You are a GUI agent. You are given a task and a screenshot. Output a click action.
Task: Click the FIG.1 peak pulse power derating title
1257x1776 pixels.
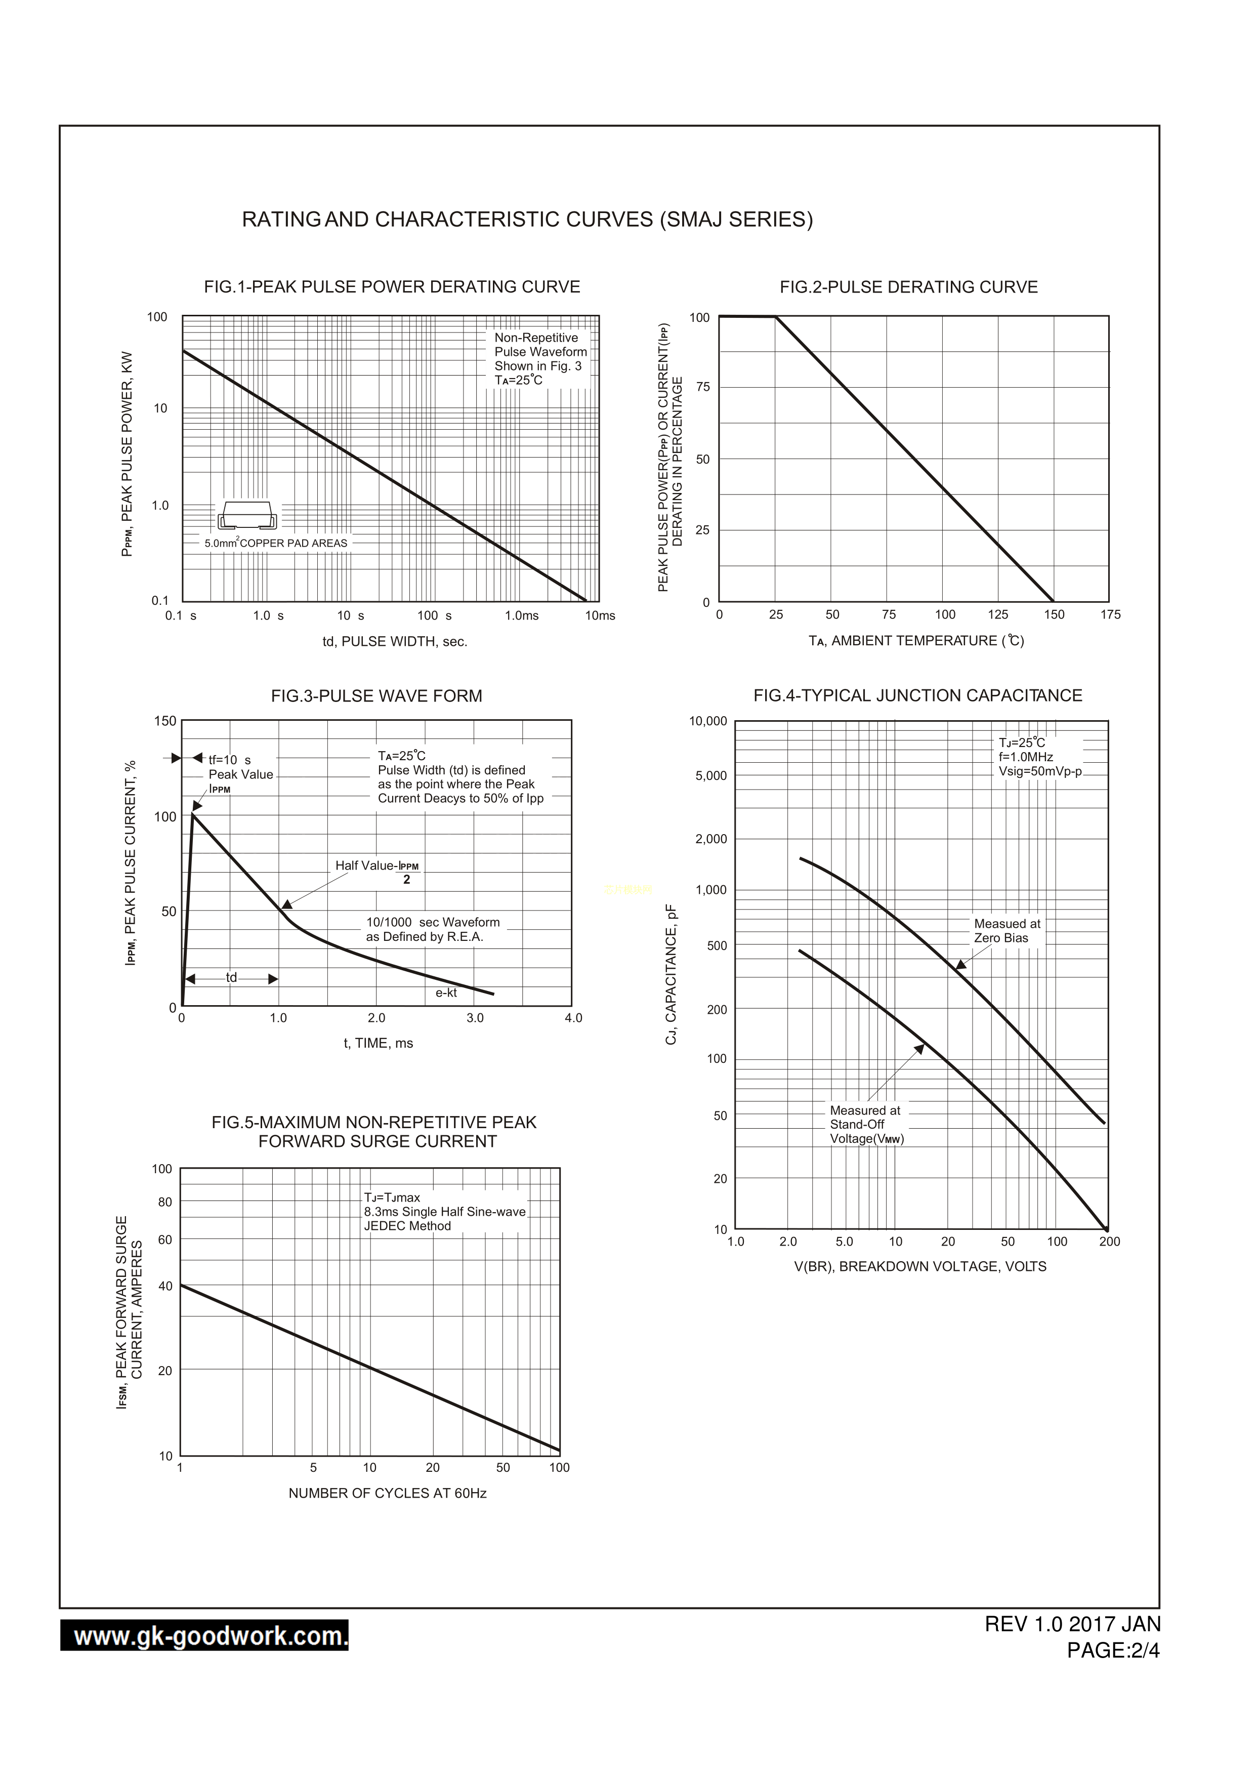(x=392, y=287)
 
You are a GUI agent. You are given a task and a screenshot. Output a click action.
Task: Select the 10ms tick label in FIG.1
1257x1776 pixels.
(x=600, y=615)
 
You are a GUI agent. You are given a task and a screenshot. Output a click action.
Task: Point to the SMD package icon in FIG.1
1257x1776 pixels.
(x=247, y=515)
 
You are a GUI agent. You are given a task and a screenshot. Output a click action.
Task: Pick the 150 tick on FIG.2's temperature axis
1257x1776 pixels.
(x=1054, y=615)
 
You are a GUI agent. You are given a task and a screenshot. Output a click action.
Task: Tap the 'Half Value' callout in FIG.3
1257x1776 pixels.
(x=378, y=866)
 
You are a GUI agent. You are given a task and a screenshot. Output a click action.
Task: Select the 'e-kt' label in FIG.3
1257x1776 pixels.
(x=446, y=993)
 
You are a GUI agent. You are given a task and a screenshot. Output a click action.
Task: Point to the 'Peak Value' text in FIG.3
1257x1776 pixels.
(x=241, y=774)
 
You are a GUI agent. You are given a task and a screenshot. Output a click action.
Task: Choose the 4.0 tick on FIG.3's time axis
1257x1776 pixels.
(x=573, y=1018)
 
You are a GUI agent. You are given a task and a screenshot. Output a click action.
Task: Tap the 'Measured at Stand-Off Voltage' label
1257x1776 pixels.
(x=866, y=1124)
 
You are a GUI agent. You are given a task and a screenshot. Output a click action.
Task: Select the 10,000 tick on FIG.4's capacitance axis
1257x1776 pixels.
(x=707, y=722)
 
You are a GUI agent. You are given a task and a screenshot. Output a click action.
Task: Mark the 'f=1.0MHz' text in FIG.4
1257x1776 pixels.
(x=1026, y=757)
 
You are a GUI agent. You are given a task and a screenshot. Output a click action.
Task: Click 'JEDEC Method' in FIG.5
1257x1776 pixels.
(x=407, y=1226)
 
